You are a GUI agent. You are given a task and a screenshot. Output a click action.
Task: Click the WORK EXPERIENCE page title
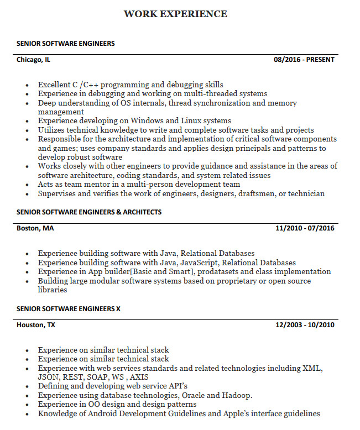pyautogui.click(x=175, y=14)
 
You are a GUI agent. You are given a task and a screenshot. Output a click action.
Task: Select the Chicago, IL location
pyautogui.click(x=33, y=60)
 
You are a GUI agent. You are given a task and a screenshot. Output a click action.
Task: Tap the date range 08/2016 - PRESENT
pyautogui.click(x=304, y=60)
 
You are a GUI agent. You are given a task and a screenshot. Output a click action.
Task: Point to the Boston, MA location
pyautogui.click(x=35, y=228)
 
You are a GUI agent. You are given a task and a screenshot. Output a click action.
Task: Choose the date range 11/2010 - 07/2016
pyautogui.click(x=305, y=228)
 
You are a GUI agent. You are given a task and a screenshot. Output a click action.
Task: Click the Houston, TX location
pyautogui.click(x=36, y=325)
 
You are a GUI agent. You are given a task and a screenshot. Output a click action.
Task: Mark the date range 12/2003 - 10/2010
pyautogui.click(x=305, y=325)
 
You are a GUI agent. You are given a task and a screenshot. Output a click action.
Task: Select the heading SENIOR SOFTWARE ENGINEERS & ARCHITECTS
pyautogui.click(x=89, y=212)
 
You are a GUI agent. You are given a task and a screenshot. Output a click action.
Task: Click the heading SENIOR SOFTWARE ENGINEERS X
pyautogui.click(x=68, y=309)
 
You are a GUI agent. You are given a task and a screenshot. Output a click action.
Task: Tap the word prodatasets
pyautogui.click(x=221, y=272)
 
